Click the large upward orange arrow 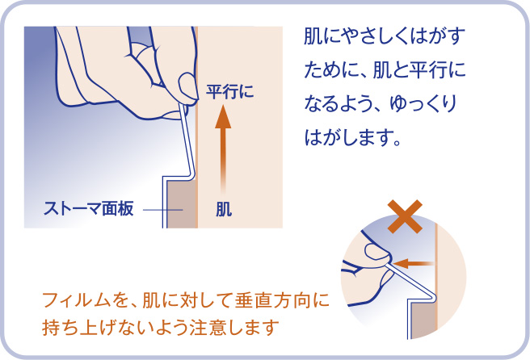pyautogui.click(x=223, y=145)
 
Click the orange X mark pyautogui.click(x=403, y=217)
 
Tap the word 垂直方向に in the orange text pyautogui.click(x=283, y=303)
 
